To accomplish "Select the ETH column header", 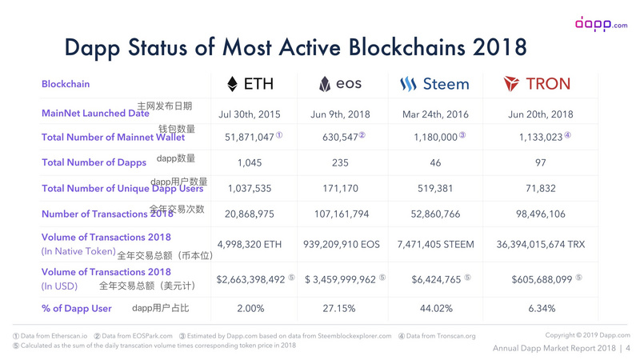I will (252, 83).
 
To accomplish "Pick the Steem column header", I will (434, 83).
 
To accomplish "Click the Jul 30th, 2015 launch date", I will (250, 114).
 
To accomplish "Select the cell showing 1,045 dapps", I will (250, 163).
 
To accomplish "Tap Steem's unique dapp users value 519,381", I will (434, 189).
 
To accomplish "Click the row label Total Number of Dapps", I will (87, 163).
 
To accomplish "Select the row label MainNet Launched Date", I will (95, 114).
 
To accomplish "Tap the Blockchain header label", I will (66, 84).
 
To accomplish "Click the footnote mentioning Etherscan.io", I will (50, 336).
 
